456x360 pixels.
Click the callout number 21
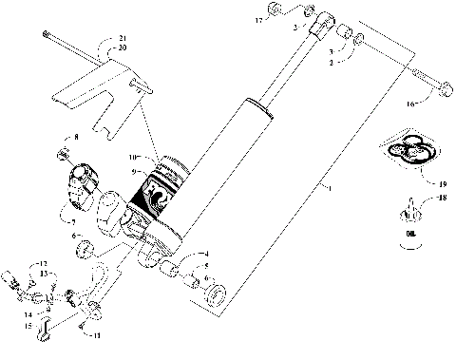pyautogui.click(x=121, y=38)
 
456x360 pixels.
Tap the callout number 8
pyautogui.click(x=77, y=139)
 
